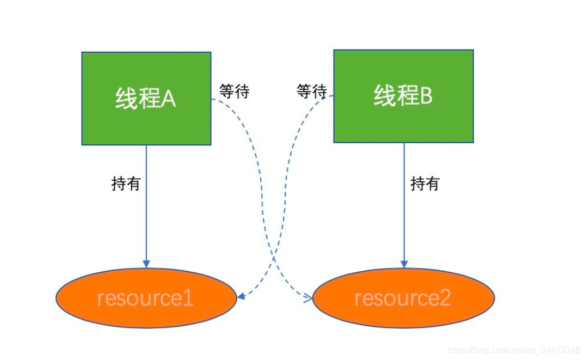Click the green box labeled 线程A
[146, 99]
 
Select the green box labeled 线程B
[403, 96]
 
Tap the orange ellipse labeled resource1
[146, 298]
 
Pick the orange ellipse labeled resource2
[404, 298]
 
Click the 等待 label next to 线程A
[235, 91]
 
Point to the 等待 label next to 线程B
[311, 91]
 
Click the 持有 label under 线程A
[126, 184]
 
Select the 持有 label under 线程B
[425, 184]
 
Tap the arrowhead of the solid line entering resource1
[146, 264]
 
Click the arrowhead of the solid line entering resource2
[404, 264]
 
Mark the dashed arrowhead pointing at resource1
[241, 296]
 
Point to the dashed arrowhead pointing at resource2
[309, 297]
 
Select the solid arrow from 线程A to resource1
[146, 206]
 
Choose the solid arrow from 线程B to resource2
[404, 205]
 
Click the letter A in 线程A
[168, 99]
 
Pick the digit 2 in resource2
[445, 298]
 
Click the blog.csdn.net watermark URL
[514, 350]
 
